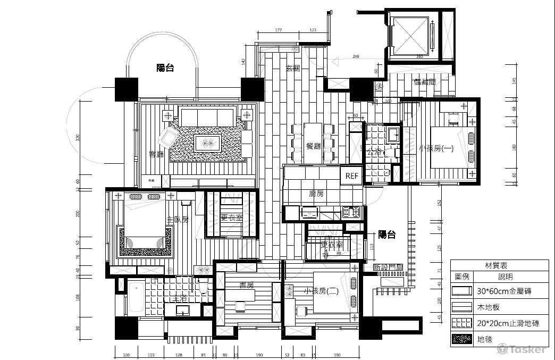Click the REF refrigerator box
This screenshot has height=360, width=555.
[x=352, y=176]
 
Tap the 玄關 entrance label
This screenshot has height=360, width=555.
[x=293, y=68]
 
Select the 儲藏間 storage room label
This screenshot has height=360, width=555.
[x=425, y=82]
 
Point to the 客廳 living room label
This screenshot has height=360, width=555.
[x=156, y=154]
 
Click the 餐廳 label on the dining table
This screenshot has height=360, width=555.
[x=314, y=146]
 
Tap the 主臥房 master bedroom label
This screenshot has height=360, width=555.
[x=178, y=219]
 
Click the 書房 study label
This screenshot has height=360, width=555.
[x=246, y=285]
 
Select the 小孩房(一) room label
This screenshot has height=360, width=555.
[x=436, y=149]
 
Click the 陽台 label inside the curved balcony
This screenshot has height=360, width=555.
[x=165, y=68]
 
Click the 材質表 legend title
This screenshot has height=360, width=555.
[x=499, y=265]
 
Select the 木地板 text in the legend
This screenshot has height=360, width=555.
[x=489, y=307]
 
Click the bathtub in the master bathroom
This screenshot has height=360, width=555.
[x=136, y=298]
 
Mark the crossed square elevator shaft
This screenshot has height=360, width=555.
[x=410, y=36]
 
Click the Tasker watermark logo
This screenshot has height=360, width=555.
[x=522, y=349]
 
